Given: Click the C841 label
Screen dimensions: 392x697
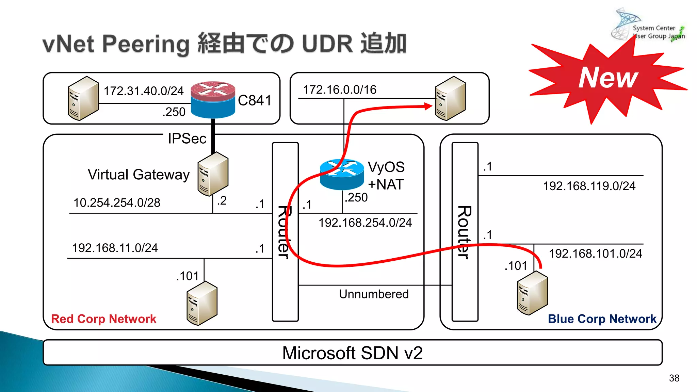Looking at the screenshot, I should coord(255,100).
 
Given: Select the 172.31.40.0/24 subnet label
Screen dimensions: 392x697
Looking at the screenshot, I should coord(143,91).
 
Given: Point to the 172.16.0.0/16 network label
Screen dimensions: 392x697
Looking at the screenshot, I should coord(339,90).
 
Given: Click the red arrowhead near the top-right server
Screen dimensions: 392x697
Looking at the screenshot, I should coord(428,107).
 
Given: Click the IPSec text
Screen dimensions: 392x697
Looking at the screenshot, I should coord(187,138).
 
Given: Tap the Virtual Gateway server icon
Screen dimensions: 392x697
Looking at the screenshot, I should coord(213,174).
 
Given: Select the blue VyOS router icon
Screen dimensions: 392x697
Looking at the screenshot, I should coord(342,175).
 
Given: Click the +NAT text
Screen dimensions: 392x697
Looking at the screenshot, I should coord(386,184).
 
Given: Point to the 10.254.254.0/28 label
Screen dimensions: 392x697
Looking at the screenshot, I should coord(117,203).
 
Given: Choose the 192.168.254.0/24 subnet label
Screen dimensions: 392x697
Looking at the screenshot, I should coord(365,223).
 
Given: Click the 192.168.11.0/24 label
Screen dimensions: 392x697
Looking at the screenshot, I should coord(115,248).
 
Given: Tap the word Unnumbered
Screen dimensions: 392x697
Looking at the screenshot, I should coord(373,294).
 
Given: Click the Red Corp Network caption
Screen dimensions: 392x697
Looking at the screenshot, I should coord(103,319).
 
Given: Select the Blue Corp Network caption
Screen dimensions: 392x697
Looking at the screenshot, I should coord(602,319).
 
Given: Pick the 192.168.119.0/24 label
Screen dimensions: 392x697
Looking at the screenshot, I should coord(589,186).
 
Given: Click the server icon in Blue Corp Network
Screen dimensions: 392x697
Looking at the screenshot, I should coord(532,293).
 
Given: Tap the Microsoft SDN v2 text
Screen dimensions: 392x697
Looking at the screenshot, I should coord(352,353).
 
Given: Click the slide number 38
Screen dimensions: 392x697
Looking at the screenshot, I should coord(674,378).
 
